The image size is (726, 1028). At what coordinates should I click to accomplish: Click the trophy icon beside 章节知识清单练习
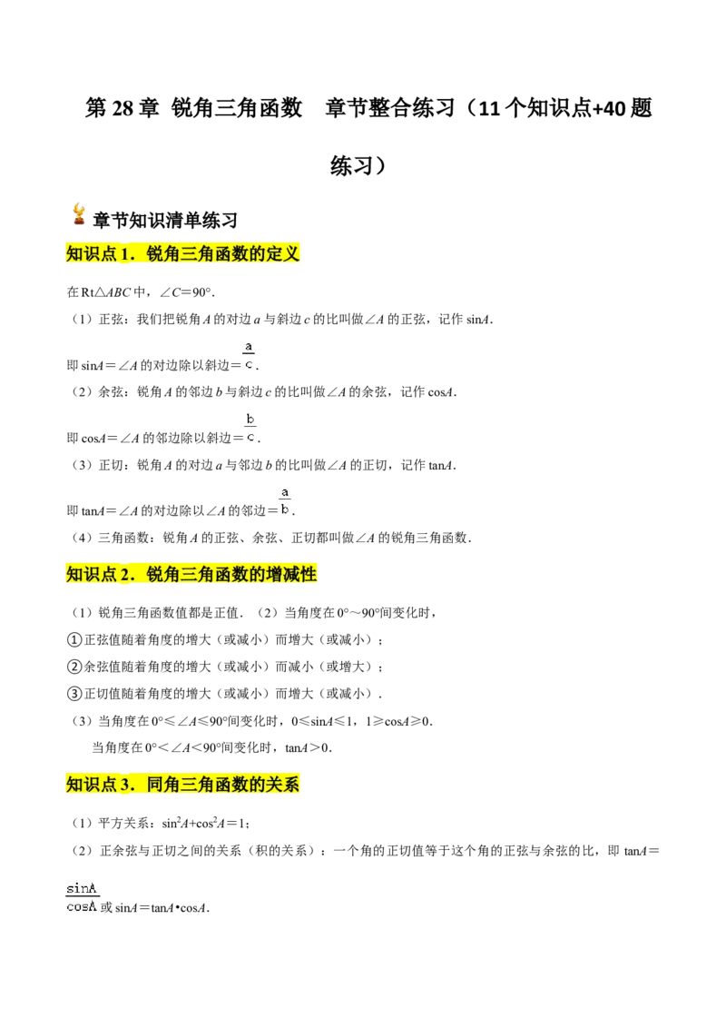(x=79, y=214)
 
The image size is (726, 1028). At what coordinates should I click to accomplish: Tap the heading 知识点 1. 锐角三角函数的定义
(x=182, y=253)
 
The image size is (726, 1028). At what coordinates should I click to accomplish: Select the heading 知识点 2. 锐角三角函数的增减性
(x=191, y=574)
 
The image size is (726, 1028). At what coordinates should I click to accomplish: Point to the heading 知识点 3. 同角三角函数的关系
(x=182, y=784)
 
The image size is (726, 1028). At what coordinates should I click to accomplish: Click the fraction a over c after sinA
(x=249, y=355)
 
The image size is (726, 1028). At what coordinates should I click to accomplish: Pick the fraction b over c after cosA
(x=250, y=428)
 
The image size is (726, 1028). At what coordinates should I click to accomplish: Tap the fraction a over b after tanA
(x=284, y=501)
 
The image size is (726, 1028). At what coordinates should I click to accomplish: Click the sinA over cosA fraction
(x=82, y=897)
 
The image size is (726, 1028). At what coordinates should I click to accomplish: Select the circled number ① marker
(x=74, y=640)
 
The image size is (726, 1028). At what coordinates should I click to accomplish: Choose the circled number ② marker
(x=74, y=667)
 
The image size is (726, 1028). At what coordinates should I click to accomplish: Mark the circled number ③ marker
(x=74, y=694)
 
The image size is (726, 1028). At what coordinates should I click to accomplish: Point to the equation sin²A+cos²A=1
(x=204, y=824)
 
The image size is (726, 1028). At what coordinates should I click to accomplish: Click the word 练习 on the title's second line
(x=351, y=166)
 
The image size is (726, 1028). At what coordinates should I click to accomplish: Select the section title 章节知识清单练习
(x=165, y=221)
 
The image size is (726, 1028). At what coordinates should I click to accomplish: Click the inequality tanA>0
(x=308, y=747)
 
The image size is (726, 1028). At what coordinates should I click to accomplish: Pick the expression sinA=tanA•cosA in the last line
(x=162, y=908)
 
